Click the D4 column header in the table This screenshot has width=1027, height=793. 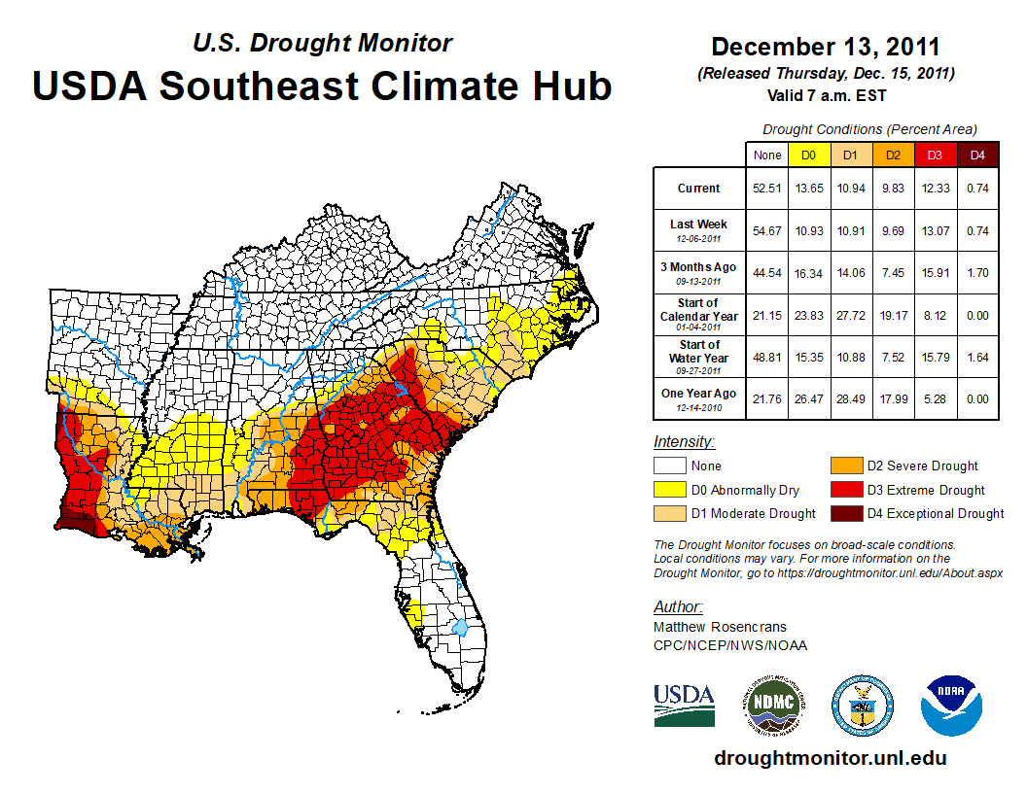pyautogui.click(x=977, y=155)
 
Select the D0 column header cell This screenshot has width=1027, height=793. pyautogui.click(x=807, y=155)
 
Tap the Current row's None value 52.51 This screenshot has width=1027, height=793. pyautogui.click(x=765, y=189)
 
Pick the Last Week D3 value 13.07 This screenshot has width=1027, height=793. pyautogui.click(x=935, y=230)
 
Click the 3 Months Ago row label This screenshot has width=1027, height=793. pyautogui.click(x=699, y=272)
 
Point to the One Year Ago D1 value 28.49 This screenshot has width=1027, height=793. pyautogui.click(x=849, y=398)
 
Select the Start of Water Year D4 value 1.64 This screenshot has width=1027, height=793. pyautogui.click(x=977, y=357)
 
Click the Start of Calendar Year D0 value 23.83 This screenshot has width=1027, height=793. pyautogui.click(x=807, y=315)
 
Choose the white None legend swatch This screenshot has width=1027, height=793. pyautogui.click(x=668, y=466)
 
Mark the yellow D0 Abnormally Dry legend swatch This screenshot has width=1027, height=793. pyautogui.click(x=668, y=490)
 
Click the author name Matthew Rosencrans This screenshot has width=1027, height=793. pyautogui.click(x=719, y=627)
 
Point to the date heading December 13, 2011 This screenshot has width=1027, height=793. pyautogui.click(x=825, y=47)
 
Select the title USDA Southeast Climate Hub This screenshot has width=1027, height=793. pyautogui.click(x=322, y=86)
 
